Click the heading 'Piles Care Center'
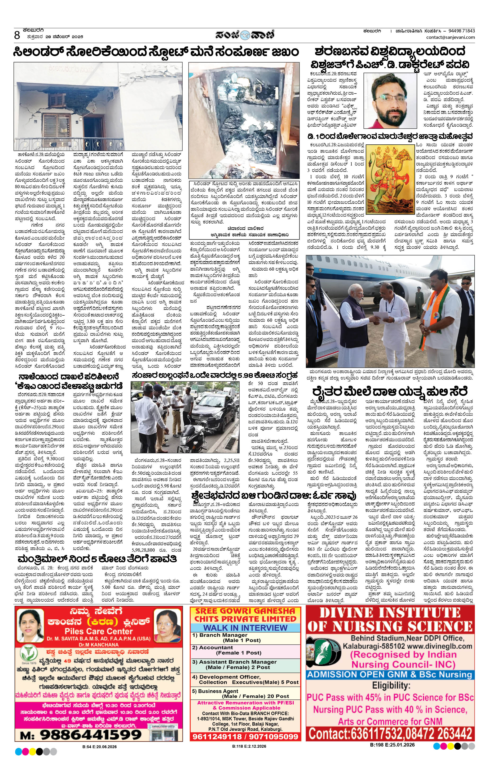coord(99,631)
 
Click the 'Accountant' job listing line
coord(217,647)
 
